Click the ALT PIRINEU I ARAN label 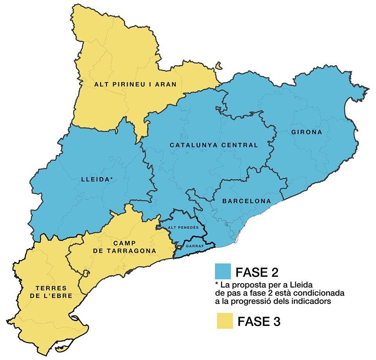pyautogui.click(x=135, y=84)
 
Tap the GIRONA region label pyautogui.click(x=307, y=132)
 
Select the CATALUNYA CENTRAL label pyautogui.click(x=214, y=145)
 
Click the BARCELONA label pyautogui.click(x=246, y=201)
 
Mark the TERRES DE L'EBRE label pyautogui.click(x=51, y=292)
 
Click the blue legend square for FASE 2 pyautogui.click(x=223, y=271)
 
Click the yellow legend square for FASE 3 pyautogui.click(x=224, y=321)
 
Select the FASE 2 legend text pyautogui.click(x=257, y=272)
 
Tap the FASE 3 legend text pyautogui.click(x=258, y=322)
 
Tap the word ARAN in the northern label pyautogui.click(x=164, y=84)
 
